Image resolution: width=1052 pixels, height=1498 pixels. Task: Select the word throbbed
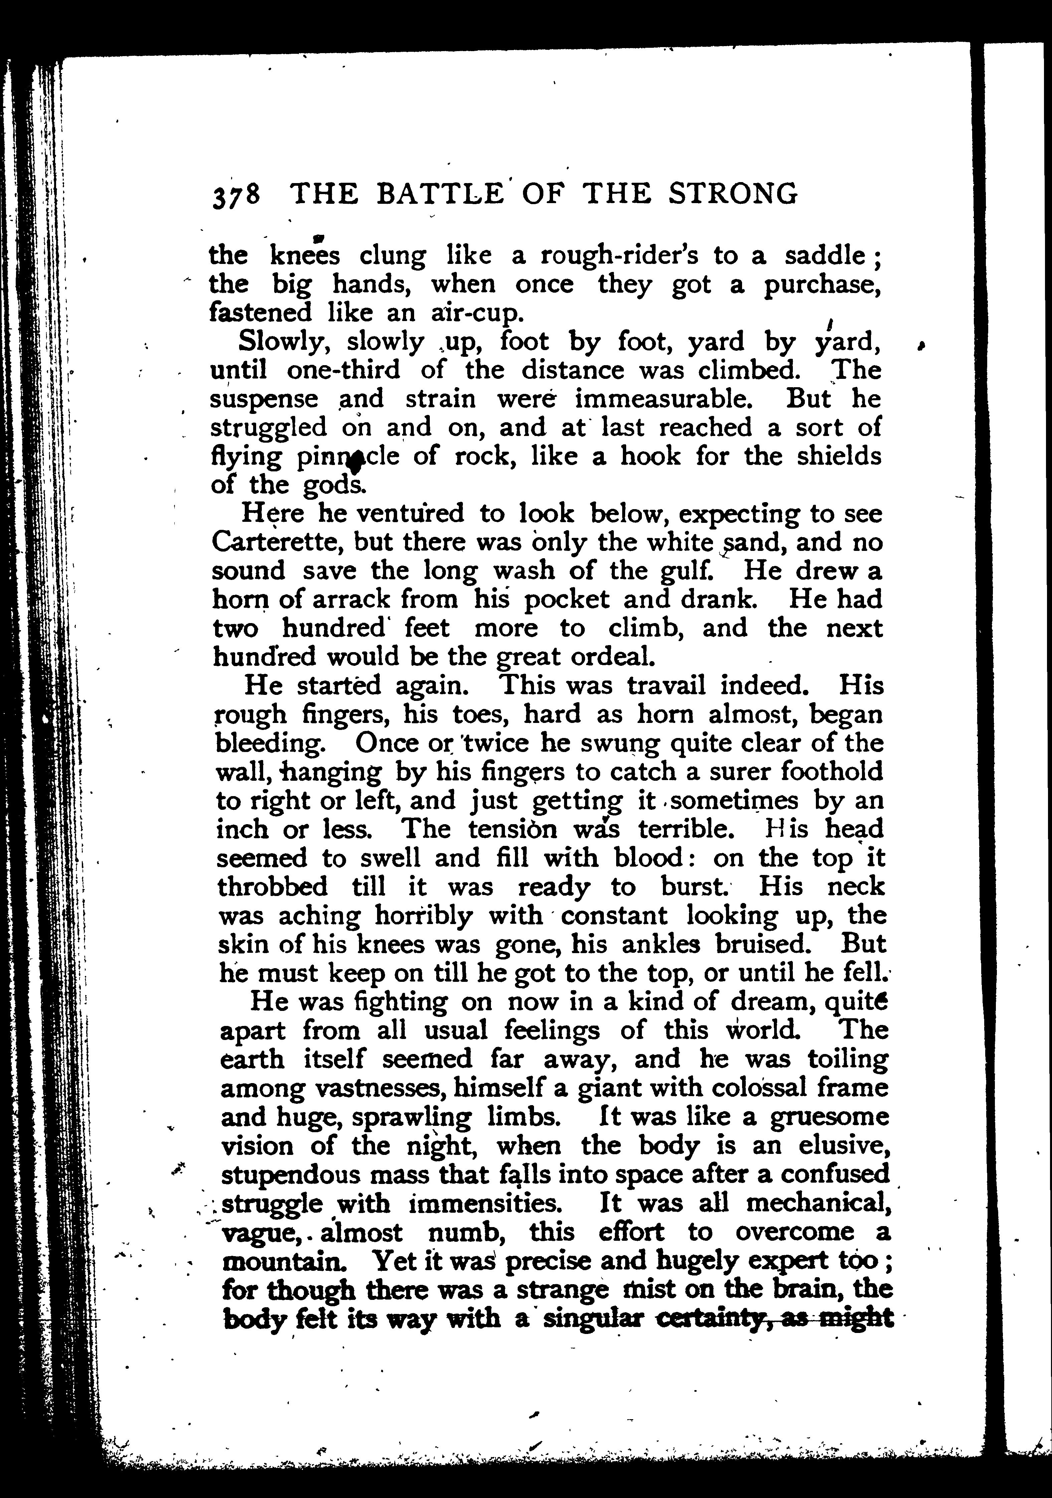point(272,887)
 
